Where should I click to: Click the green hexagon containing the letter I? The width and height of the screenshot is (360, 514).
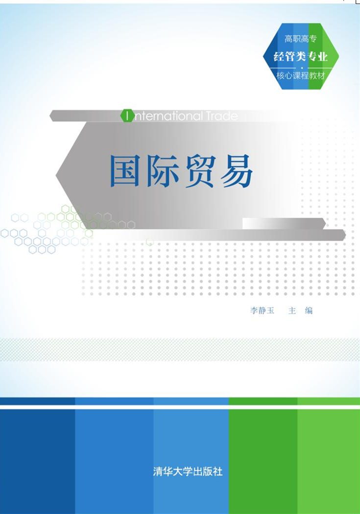pos(127,116)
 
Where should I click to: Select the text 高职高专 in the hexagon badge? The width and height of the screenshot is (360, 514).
pos(301,39)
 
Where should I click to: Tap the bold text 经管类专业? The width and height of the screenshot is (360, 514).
pos(301,56)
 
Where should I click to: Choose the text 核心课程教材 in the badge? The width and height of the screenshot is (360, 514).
pos(301,76)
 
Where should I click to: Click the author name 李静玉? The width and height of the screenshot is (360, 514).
pos(262,310)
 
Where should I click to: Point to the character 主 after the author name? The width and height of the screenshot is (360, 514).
pos(292,310)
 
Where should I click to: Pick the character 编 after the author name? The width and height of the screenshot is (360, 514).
pos(309,310)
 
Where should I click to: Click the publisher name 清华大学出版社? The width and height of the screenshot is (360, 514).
pos(188,472)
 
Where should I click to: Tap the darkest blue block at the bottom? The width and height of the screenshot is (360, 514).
pos(37,461)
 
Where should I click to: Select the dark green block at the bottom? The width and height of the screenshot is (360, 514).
pos(263,461)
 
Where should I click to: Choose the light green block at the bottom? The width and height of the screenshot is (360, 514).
pos(329,461)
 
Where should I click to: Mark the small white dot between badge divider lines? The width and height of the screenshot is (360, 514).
pos(301,68)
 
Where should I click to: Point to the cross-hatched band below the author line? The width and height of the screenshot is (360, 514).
pos(180,350)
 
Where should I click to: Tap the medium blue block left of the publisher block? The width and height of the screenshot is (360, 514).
pos(114,461)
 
